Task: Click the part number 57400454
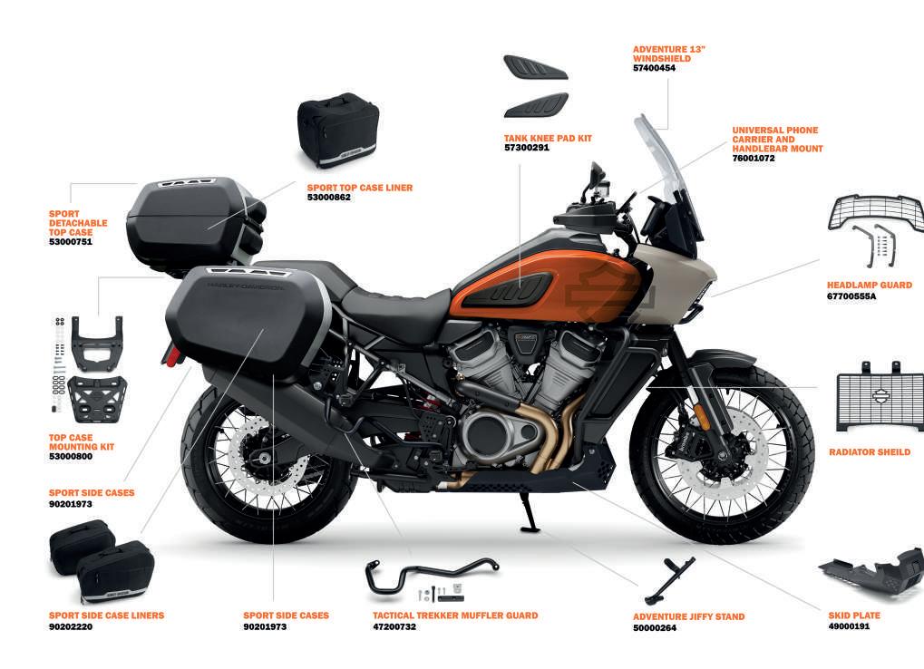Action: pyautogui.click(x=654, y=68)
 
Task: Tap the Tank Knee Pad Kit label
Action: pyautogui.click(x=548, y=138)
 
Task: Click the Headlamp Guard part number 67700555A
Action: pyautogui.click(x=851, y=296)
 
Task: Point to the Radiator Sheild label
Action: pyautogui.click(x=870, y=452)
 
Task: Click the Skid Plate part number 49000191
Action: pyautogui.click(x=849, y=626)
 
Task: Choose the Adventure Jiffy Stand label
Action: pyautogui.click(x=688, y=617)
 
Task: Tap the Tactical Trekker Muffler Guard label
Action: pyautogui.click(x=455, y=616)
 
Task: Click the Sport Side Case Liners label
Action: pyautogui.click(x=106, y=616)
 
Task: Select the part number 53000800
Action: pyautogui.click(x=70, y=456)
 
